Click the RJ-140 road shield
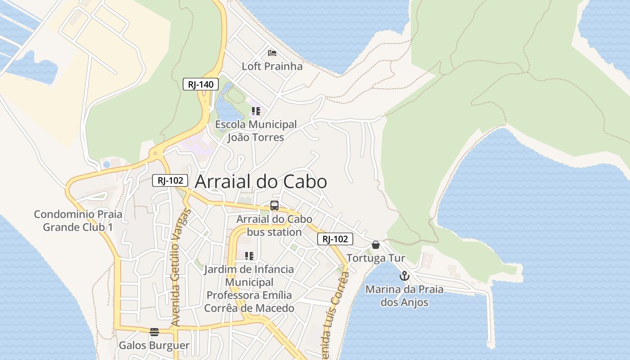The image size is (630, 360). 201,84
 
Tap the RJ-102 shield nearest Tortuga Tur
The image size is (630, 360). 335,239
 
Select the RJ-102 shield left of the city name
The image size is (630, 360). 170,180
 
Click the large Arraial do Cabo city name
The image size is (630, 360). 261,182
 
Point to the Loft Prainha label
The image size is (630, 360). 272,66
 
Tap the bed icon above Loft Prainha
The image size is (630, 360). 272,53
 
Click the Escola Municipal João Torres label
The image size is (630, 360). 256,130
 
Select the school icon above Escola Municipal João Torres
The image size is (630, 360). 256,111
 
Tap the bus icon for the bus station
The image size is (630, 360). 274,206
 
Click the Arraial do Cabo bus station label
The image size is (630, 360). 274,225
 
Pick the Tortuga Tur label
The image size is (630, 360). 376,258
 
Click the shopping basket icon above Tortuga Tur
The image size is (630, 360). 376,245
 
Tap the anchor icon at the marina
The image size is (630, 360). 405,276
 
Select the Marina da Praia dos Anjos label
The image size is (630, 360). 404,296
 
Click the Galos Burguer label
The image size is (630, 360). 154,346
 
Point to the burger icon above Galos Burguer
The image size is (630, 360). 154,332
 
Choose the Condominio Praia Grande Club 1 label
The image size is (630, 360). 78,220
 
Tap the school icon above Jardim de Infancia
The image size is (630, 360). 249,256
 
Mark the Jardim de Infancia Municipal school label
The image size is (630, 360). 249,288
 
